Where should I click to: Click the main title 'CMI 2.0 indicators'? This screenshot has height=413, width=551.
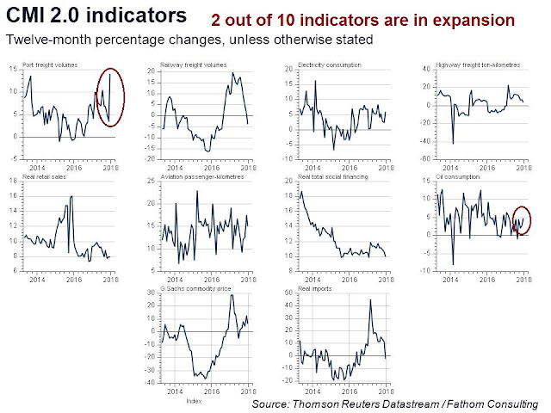(x=95, y=15)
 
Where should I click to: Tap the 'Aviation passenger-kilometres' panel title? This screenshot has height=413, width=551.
(x=199, y=177)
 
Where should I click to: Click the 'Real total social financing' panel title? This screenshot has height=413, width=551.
(x=328, y=177)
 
